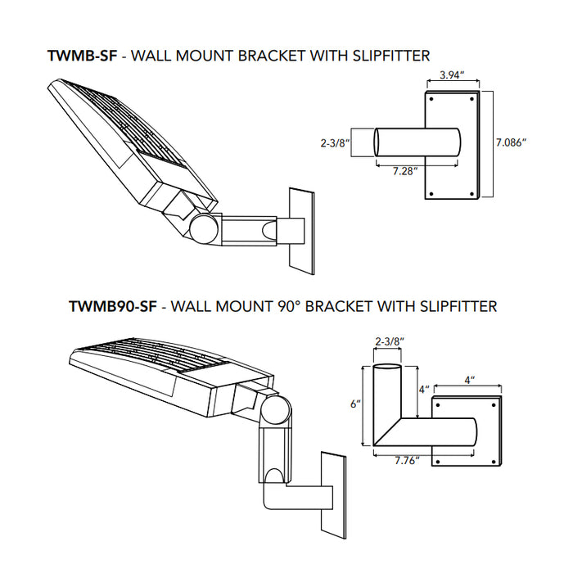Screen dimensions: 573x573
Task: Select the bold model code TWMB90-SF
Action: point(113,307)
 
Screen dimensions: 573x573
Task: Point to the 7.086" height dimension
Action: point(511,142)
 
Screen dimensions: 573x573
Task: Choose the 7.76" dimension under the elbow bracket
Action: point(405,461)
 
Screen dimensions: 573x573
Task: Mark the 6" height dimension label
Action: point(353,404)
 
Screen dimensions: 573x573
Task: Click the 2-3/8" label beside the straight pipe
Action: point(335,142)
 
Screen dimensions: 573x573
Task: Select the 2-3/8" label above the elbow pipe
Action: point(388,341)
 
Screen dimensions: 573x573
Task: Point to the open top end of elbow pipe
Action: point(388,368)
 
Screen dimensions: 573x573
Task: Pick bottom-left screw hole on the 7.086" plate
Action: point(428,194)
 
